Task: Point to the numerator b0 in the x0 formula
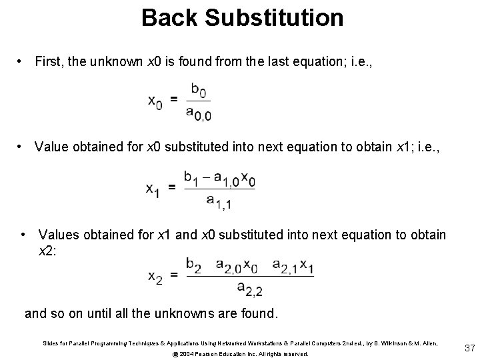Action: pyautogui.click(x=198, y=88)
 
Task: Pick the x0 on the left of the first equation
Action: pyautogui.click(x=154, y=101)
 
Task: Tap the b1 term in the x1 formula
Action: pyautogui.click(x=192, y=177)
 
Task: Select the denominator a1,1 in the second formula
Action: pyautogui.click(x=219, y=201)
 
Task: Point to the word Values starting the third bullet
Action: pyautogui.click(x=59, y=235)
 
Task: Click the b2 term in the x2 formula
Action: pyautogui.click(x=194, y=265)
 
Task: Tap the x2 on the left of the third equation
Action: pyautogui.click(x=155, y=275)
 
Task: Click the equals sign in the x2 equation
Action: pyautogui.click(x=175, y=275)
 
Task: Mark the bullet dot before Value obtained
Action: pyautogui.click(x=23, y=145)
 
